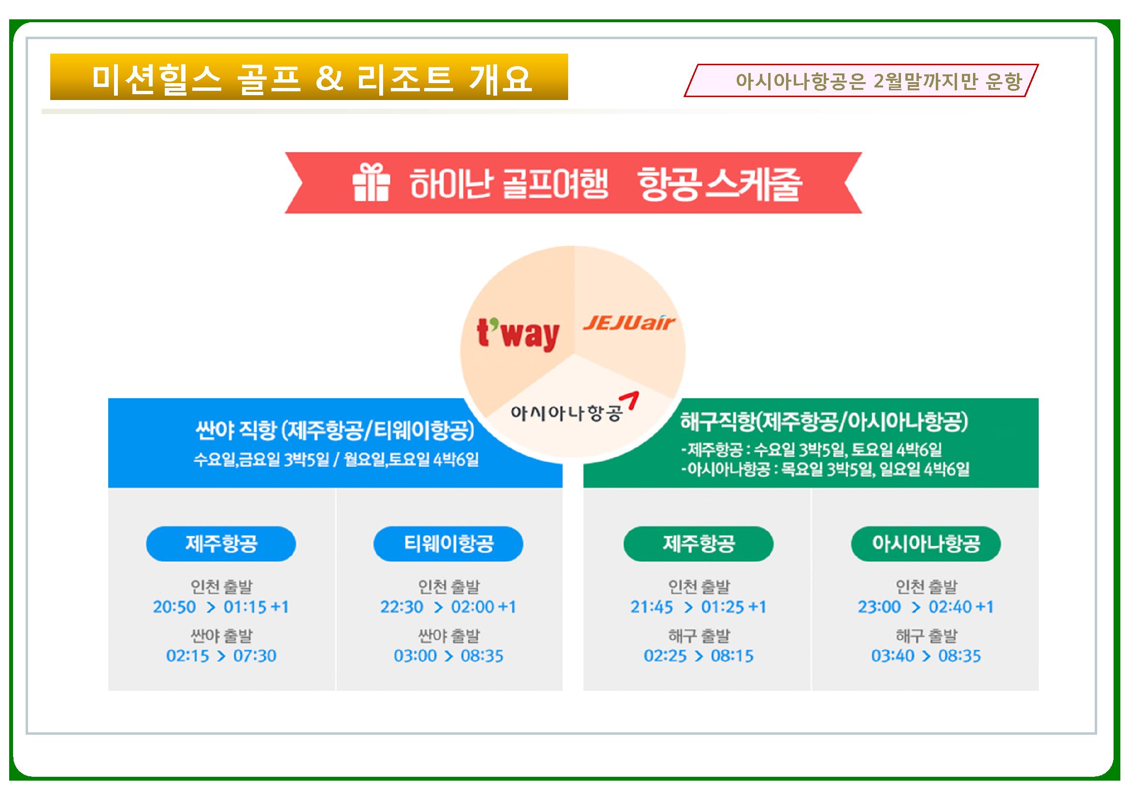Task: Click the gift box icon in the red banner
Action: (371, 183)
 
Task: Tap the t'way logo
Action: (518, 335)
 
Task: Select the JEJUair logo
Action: (629, 323)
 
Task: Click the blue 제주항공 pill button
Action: (221, 543)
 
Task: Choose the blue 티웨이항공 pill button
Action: (448, 543)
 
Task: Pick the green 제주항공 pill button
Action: (699, 543)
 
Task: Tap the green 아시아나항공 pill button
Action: (926, 543)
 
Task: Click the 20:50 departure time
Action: (174, 607)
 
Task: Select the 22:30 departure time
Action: (401, 607)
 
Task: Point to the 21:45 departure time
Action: (652, 607)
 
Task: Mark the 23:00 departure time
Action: (879, 607)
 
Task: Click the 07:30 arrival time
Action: (255, 656)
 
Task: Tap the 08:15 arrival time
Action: (732, 656)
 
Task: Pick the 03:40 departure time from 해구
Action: (893, 656)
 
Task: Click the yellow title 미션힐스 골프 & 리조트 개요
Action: (309, 77)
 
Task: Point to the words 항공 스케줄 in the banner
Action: (719, 184)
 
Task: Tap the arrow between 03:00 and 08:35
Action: (449, 656)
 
